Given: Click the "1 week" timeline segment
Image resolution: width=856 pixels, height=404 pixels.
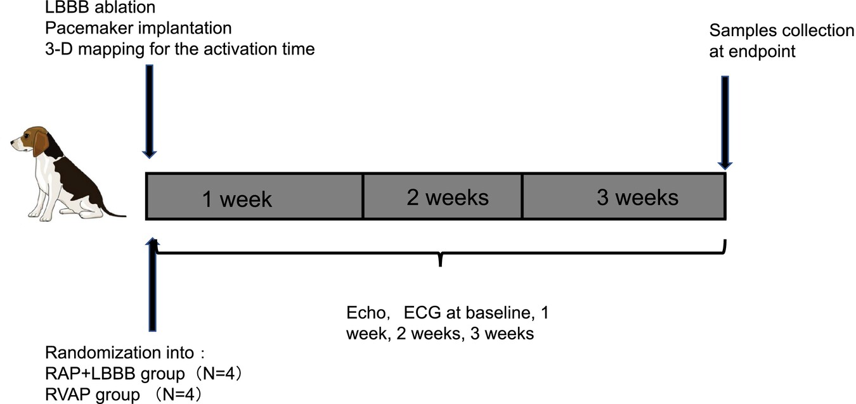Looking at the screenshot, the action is coord(254,196).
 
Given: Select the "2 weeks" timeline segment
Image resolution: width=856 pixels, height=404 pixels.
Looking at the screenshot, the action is coord(443,196).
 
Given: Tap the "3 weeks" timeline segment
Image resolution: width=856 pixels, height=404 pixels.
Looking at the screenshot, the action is coord(624,196).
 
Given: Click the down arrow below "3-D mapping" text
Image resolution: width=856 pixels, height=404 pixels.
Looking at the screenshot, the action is coord(150,111).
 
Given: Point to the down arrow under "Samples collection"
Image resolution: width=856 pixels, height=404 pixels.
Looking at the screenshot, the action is coord(725,123).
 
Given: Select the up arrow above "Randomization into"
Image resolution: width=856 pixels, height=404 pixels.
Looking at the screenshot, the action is coord(152,284).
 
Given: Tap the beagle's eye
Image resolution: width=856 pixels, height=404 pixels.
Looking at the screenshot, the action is coord(27,136).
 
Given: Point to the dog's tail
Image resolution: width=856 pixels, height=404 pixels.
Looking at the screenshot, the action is coord(113,211).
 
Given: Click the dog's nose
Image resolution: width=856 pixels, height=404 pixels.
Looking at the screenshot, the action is coord(12,142).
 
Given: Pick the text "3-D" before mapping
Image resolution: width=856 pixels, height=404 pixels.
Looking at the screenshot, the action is coord(59,49).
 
